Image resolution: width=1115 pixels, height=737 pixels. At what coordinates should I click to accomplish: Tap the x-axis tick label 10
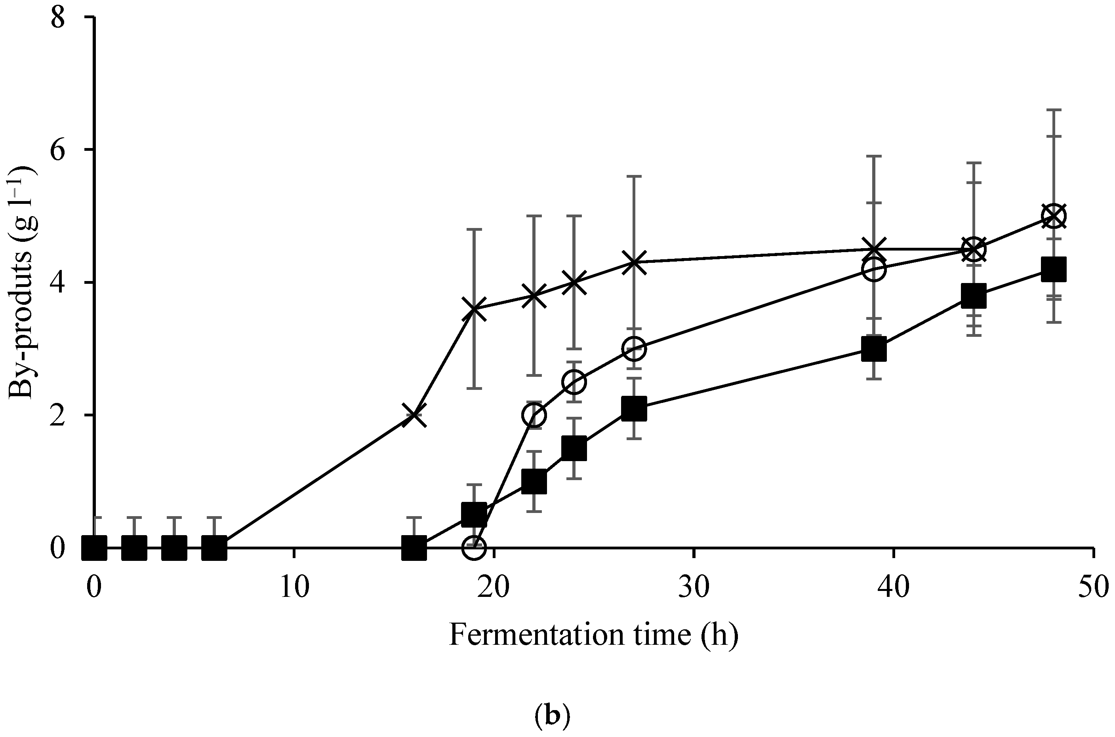coord(294,588)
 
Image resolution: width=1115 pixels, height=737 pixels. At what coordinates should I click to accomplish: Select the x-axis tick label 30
coord(694,588)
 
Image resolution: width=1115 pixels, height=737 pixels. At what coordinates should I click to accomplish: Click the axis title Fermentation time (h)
coord(593,635)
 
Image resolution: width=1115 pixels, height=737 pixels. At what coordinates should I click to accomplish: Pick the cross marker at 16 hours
coord(414,416)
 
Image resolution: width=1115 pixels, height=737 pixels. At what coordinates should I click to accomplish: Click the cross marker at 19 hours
coord(474,309)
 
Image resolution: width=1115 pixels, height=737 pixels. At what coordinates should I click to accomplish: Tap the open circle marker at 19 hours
coord(474,547)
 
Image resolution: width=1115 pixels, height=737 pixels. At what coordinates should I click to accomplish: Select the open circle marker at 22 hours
coord(534,416)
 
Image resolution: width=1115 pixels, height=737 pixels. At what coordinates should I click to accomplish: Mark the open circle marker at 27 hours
coord(634,349)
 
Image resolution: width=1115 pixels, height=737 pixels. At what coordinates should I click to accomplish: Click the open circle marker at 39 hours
coord(874,269)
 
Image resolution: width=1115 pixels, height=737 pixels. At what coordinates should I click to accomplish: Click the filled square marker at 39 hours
coord(874,349)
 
